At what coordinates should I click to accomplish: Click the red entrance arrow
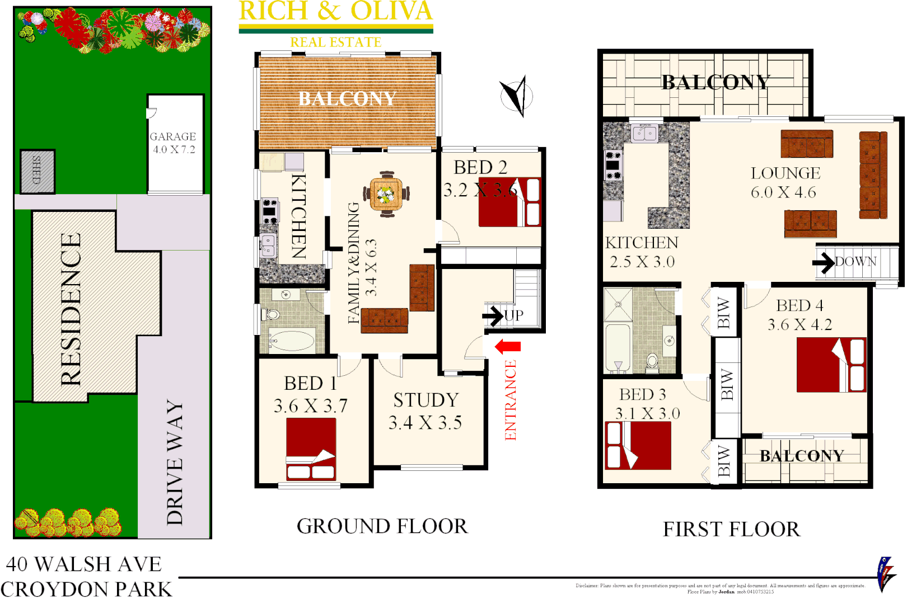[x=508, y=347]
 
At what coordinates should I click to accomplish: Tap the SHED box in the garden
[x=38, y=171]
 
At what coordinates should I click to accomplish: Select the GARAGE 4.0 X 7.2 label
[x=173, y=143]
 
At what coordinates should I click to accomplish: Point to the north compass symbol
[x=517, y=96]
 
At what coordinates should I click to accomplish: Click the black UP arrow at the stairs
[x=493, y=316]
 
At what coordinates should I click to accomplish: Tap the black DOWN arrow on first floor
[x=824, y=262]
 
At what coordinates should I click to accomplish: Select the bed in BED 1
[x=311, y=449]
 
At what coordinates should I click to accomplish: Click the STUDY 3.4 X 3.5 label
[x=426, y=411]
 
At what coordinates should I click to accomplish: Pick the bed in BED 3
[x=638, y=445]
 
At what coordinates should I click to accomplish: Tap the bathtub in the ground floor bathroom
[x=292, y=340]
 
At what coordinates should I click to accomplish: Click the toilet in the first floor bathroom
[x=652, y=361]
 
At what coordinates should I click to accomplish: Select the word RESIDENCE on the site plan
[x=71, y=309]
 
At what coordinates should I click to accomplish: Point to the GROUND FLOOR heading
[x=382, y=526]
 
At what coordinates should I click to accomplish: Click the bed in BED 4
[x=831, y=365]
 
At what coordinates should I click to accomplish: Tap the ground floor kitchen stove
[x=270, y=211]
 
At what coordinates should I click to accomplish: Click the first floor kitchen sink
[x=644, y=134]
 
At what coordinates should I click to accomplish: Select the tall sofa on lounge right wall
[x=873, y=175]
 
